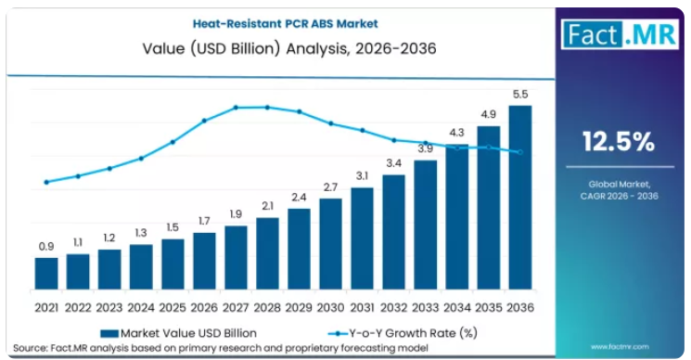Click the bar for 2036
coord(520,198)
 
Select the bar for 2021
coord(46,274)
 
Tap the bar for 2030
coord(330,244)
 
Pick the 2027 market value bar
coord(236,258)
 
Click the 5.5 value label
coord(520,95)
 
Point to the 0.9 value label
coord(46,247)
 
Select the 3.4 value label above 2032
coord(394,163)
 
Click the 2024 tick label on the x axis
coord(141,307)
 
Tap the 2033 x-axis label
coord(425,307)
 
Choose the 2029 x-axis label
coord(299,307)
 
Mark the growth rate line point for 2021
coord(46,182)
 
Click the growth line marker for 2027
coord(236,108)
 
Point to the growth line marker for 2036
coord(520,152)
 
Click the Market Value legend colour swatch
coord(109,334)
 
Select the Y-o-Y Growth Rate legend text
coord(414,333)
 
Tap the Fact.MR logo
coord(620,34)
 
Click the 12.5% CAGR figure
coord(619,142)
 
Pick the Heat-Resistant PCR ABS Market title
coord(286,23)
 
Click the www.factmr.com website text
coord(620,347)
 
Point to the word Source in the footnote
coord(30,348)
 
